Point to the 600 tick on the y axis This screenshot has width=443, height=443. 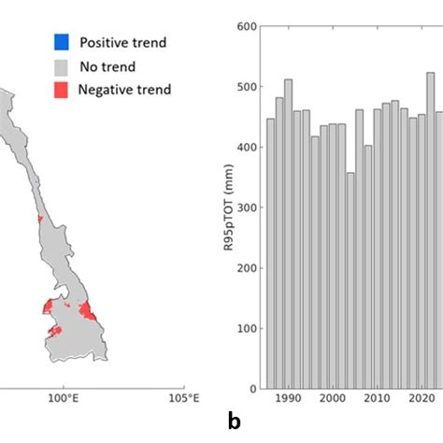[x=245, y=27]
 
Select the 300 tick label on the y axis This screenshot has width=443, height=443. [x=245, y=207]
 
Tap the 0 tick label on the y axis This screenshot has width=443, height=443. [x=251, y=389]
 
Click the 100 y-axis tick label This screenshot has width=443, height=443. [x=245, y=329]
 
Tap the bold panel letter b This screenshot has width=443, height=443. [x=234, y=422]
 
